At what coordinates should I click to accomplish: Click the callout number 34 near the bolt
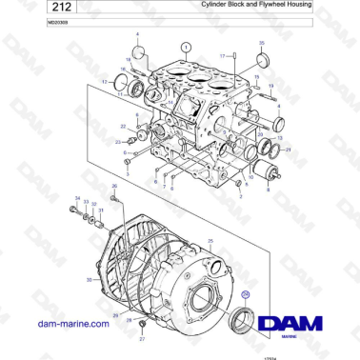(77, 198)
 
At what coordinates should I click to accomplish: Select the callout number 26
(113, 187)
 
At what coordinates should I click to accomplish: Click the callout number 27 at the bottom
(142, 338)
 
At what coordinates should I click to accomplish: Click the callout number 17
(222, 56)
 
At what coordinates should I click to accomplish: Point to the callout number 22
(123, 127)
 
